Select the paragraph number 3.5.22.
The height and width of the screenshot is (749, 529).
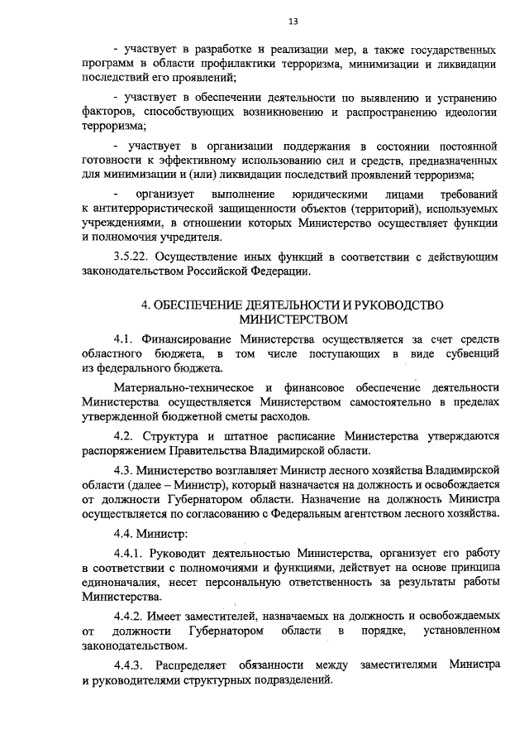(131, 257)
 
